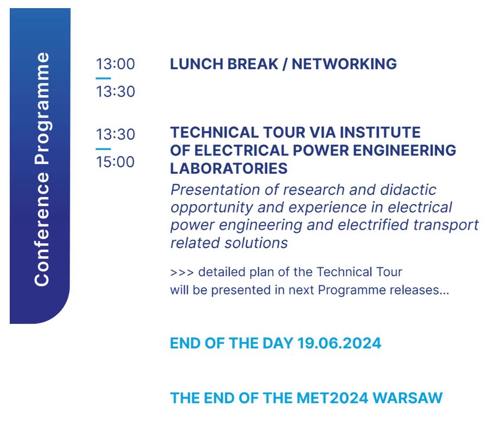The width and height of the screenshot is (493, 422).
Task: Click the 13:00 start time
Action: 115,64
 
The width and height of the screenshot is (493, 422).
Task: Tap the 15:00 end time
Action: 115,162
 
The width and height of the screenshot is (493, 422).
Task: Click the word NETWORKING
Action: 344,64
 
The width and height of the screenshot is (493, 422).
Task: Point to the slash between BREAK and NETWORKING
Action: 285,64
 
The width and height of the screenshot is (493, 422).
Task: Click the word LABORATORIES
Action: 229,168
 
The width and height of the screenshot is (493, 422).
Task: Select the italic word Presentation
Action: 215,190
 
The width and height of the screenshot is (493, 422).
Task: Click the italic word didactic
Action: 408,190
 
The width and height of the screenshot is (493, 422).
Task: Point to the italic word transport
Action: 446,225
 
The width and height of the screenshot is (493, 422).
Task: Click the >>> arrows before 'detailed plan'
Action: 182,272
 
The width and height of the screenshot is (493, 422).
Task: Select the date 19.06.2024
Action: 339,343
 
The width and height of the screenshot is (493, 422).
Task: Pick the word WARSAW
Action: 407,398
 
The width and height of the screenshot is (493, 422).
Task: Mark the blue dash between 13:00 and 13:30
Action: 103,79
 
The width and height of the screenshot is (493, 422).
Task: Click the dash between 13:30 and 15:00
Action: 103,149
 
